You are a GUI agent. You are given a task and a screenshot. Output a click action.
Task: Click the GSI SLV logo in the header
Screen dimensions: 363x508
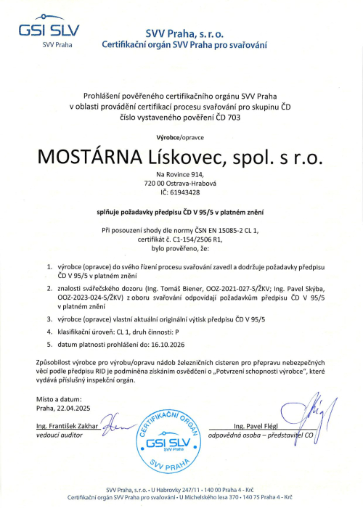(50, 33)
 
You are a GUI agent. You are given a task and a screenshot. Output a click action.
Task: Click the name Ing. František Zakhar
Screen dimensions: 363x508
(68, 424)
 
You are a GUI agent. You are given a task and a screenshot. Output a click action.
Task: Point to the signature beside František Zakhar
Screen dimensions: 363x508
(116, 422)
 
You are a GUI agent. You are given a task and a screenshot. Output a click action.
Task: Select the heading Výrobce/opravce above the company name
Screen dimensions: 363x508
(181, 137)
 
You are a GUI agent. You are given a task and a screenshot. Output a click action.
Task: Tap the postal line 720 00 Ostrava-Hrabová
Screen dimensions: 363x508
(181, 184)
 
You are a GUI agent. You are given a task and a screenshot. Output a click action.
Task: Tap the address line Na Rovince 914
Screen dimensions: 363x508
(181, 175)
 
